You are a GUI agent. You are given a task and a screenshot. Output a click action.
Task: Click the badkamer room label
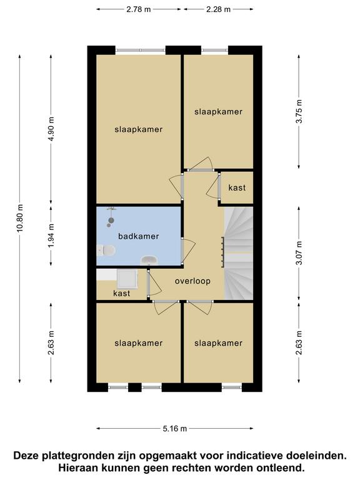(x=138, y=236)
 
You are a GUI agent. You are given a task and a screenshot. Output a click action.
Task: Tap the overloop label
(x=192, y=281)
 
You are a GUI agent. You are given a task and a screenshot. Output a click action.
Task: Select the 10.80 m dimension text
(x=20, y=218)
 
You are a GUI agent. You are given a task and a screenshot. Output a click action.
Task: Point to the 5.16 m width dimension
(x=174, y=429)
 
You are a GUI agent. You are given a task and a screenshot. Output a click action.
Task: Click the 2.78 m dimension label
(x=138, y=9)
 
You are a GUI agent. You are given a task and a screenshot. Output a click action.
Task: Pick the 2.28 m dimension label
(x=218, y=9)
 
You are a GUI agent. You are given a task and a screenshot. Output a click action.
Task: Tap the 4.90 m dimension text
(x=51, y=129)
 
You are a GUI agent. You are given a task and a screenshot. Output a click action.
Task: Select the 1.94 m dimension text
(x=51, y=236)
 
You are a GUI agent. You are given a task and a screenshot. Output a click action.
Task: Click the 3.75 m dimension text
(x=299, y=111)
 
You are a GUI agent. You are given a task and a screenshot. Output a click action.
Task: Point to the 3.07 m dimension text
(x=299, y=253)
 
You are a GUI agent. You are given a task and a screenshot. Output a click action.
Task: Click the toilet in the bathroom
(x=106, y=251)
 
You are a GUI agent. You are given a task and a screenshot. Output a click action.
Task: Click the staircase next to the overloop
(x=239, y=254)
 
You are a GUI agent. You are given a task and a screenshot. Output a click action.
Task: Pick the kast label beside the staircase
(x=237, y=187)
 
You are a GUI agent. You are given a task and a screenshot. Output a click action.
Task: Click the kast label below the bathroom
(x=121, y=293)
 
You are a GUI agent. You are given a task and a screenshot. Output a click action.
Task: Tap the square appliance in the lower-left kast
(x=127, y=279)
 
